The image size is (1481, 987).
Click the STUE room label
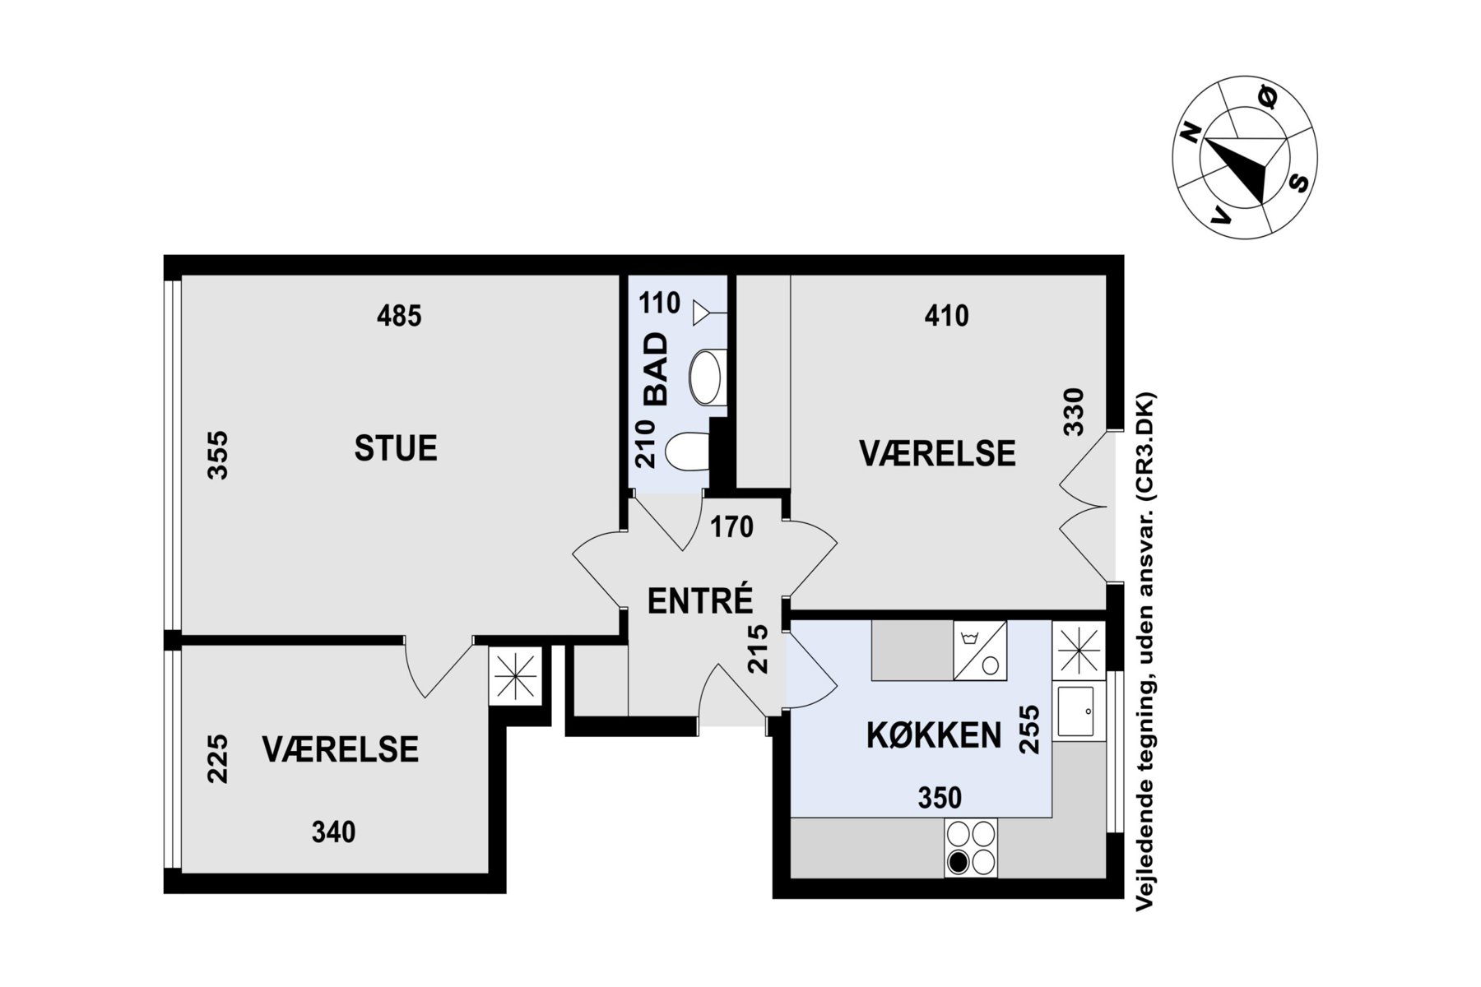[x=396, y=448]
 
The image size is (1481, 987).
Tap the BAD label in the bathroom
[x=657, y=368]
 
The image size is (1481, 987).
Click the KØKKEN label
[x=934, y=735]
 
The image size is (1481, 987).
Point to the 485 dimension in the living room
[x=399, y=316]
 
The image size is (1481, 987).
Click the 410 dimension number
[x=946, y=316]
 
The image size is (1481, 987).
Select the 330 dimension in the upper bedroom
[x=1075, y=411]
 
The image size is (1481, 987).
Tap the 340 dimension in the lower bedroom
[x=333, y=832]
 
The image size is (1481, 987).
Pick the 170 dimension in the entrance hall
[x=731, y=526]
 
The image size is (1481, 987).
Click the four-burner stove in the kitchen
[x=970, y=847]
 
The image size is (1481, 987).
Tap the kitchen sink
[x=1076, y=711]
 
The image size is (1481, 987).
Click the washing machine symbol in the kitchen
[x=980, y=651]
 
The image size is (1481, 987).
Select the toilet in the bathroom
[x=686, y=452]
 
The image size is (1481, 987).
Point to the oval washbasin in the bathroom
[x=706, y=377]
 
